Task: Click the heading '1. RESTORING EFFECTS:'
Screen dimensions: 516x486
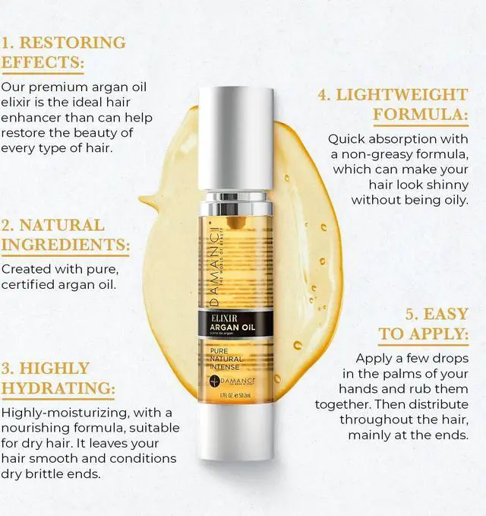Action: tap(63, 52)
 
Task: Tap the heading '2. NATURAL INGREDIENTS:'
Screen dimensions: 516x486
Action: tap(65, 235)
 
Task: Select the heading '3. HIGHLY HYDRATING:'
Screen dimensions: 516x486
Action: tap(58, 378)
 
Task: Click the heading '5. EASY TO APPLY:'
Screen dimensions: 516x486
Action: tap(424, 323)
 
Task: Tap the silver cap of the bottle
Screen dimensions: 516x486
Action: tap(235, 137)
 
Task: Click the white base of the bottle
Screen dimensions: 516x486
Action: tap(235, 433)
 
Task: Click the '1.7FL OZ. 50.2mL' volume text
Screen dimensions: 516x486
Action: tap(235, 395)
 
